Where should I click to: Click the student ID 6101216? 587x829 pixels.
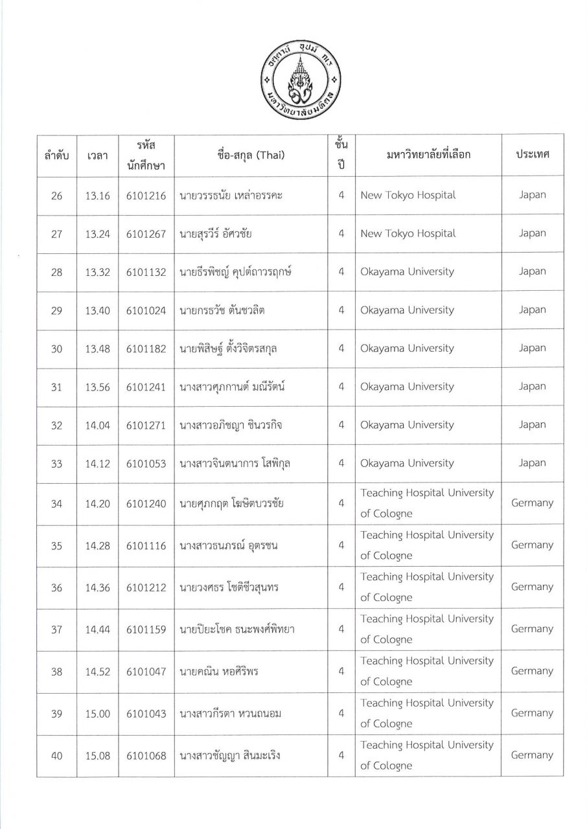click(x=147, y=196)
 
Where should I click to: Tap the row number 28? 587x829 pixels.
click(x=56, y=272)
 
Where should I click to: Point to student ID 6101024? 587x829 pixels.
click(x=147, y=310)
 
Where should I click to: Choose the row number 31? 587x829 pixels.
click(x=56, y=387)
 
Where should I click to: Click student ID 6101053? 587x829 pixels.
click(x=147, y=464)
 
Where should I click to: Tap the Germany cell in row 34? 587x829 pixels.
click(x=532, y=503)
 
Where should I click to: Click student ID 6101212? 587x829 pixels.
click(x=147, y=587)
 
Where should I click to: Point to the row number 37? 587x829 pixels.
click(x=56, y=630)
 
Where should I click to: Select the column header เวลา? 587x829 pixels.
click(x=97, y=155)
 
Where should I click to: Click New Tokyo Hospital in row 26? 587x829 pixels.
click(x=408, y=195)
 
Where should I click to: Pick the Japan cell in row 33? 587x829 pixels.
click(x=532, y=463)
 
